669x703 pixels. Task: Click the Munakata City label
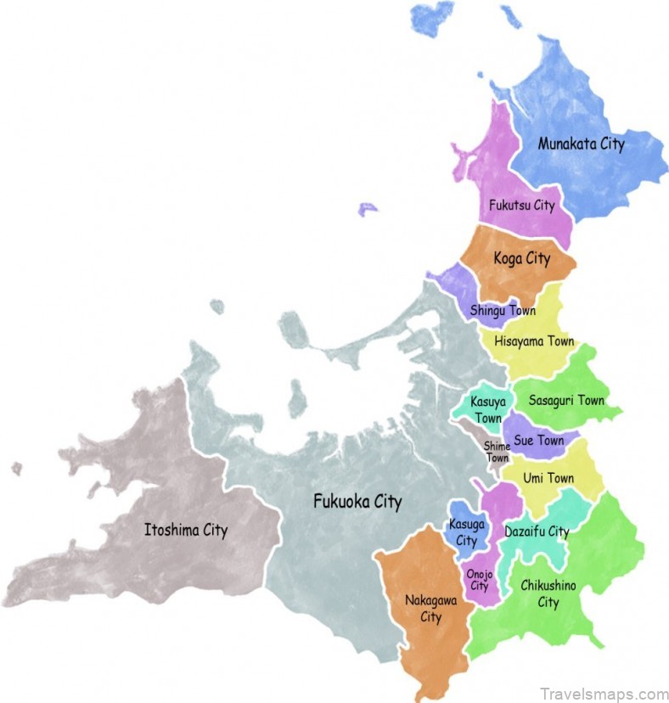[581, 143]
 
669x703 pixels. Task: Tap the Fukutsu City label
[521, 205]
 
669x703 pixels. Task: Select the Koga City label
[522, 258]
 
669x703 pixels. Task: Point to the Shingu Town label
[503, 311]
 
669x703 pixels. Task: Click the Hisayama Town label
[534, 342]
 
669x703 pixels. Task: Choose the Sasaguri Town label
[566, 400]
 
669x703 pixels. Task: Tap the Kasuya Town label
[488, 409]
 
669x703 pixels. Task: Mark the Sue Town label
[538, 441]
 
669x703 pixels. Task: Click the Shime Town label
[497, 452]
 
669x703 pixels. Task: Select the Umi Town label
[548, 478]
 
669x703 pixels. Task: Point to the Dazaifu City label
[537, 531]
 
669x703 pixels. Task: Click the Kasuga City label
[466, 533]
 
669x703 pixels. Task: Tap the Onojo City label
[480, 580]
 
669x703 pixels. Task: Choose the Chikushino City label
[548, 594]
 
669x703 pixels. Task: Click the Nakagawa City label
[431, 609]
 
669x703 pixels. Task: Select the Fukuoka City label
[357, 501]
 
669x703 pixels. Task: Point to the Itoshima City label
[185, 531]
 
